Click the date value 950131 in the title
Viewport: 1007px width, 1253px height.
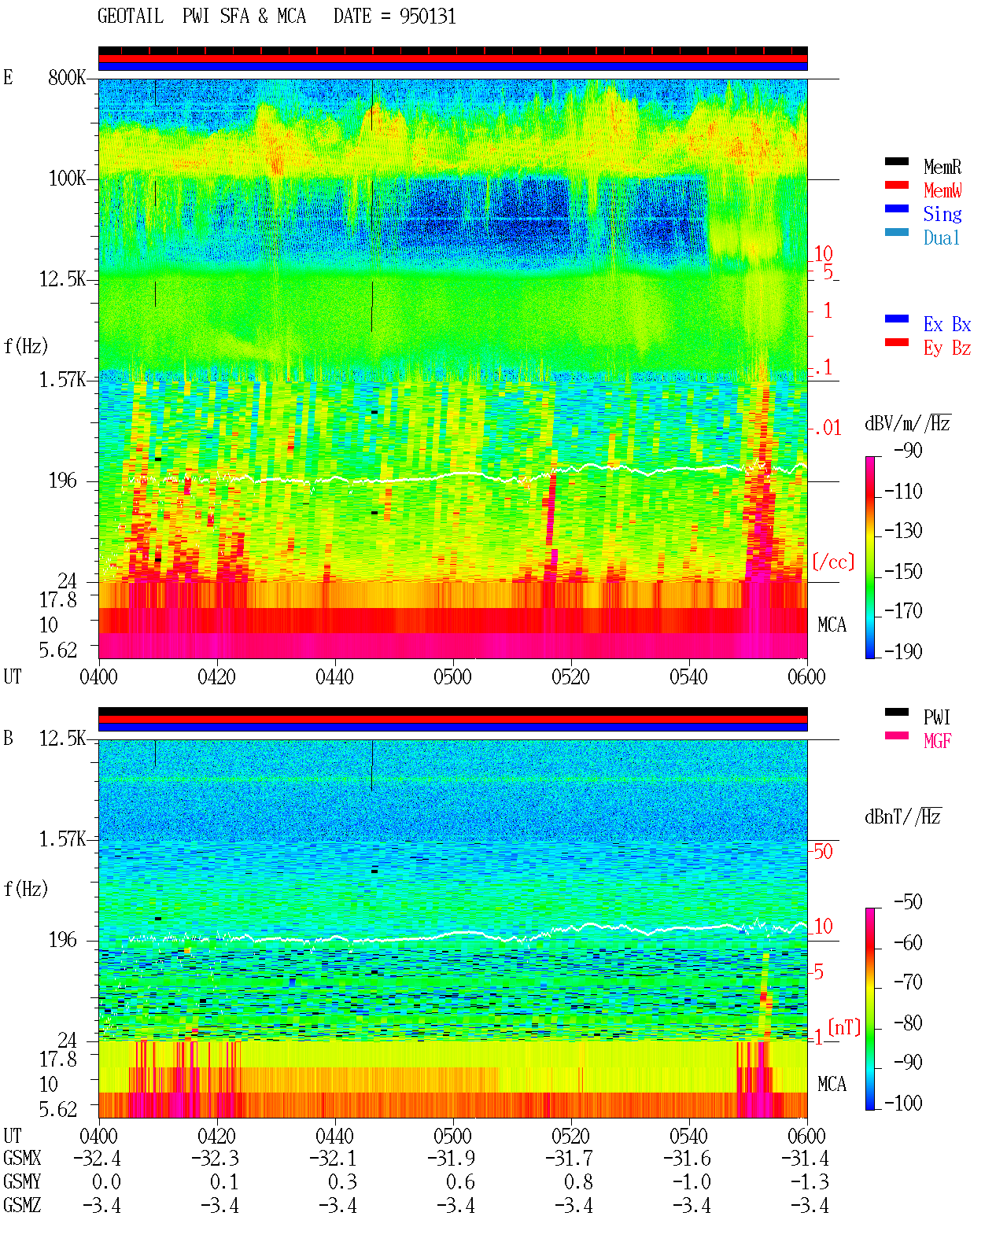pos(427,17)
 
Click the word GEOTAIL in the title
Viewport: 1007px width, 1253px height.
pos(131,17)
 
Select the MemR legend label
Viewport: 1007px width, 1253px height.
pos(942,167)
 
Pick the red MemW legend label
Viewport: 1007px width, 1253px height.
pos(942,190)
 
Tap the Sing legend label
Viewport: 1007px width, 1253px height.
pos(942,214)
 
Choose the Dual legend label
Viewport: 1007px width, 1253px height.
pos(941,238)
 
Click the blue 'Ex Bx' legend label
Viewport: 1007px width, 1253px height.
pos(946,324)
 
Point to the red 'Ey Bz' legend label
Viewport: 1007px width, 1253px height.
pos(946,348)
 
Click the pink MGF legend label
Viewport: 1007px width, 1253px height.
pos(937,741)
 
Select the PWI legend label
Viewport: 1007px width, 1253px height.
pos(936,717)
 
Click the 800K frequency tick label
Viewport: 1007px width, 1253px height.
pos(67,77)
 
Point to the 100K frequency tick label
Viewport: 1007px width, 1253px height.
pos(67,179)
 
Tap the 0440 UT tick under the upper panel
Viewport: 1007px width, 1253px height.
pos(334,676)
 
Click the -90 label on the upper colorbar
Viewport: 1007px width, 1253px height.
pos(908,450)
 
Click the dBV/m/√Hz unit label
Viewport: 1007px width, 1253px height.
pos(907,423)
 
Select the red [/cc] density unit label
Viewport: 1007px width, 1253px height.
pos(833,562)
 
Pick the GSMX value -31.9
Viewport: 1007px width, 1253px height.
pos(451,1158)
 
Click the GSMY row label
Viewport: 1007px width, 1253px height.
pos(22,1181)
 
